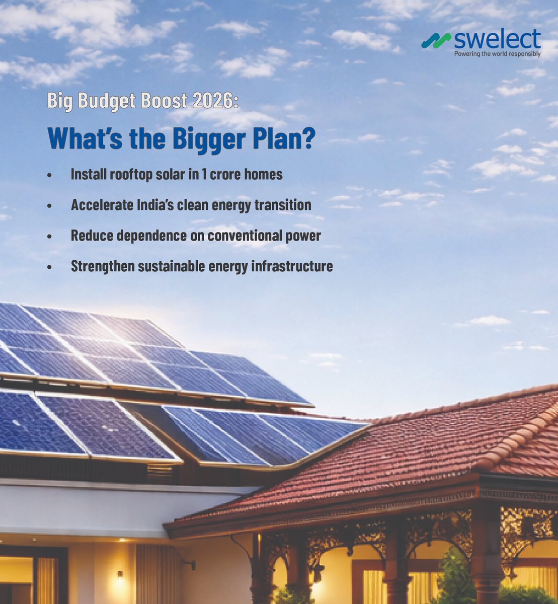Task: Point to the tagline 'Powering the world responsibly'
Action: [x=497, y=54]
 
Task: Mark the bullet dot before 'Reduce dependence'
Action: [x=49, y=236]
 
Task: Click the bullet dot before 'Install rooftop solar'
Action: [x=49, y=175]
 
